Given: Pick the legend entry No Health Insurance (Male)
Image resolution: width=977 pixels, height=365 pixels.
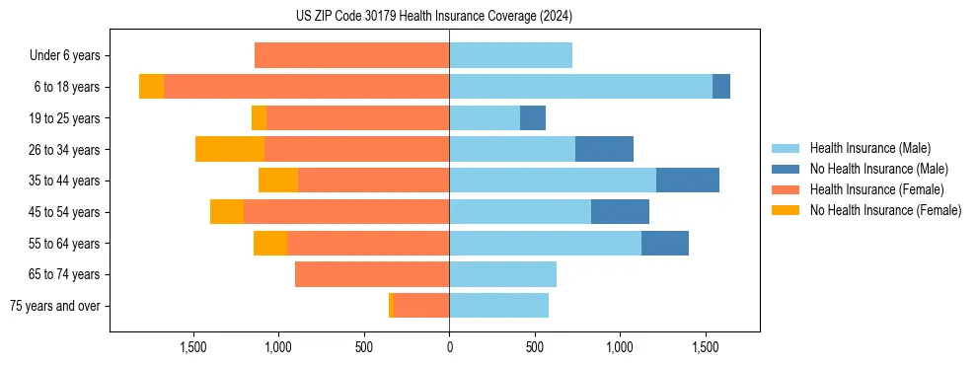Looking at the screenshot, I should (871, 169).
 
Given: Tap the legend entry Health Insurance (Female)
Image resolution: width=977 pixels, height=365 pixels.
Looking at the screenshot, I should (871, 189).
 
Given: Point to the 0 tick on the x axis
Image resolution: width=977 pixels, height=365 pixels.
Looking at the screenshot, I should (449, 347).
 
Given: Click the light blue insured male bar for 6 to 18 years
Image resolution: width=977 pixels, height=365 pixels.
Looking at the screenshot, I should (580, 87).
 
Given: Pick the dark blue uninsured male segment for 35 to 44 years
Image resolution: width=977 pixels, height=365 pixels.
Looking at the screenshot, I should (688, 181).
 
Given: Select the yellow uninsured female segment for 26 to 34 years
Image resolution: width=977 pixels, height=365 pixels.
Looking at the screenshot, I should (230, 149).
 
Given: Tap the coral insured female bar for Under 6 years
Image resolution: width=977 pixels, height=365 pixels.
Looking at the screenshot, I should (351, 55).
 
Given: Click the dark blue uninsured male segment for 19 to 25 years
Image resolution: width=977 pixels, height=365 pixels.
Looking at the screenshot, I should (533, 118).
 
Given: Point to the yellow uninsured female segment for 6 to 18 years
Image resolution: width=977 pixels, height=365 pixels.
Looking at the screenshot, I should (151, 87).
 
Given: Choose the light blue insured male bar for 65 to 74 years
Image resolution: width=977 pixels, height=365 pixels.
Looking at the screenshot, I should (502, 274).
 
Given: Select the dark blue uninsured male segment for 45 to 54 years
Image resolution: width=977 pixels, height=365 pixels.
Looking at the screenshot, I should (620, 212).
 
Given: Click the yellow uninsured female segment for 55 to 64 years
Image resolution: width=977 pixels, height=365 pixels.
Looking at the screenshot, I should (270, 243).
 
